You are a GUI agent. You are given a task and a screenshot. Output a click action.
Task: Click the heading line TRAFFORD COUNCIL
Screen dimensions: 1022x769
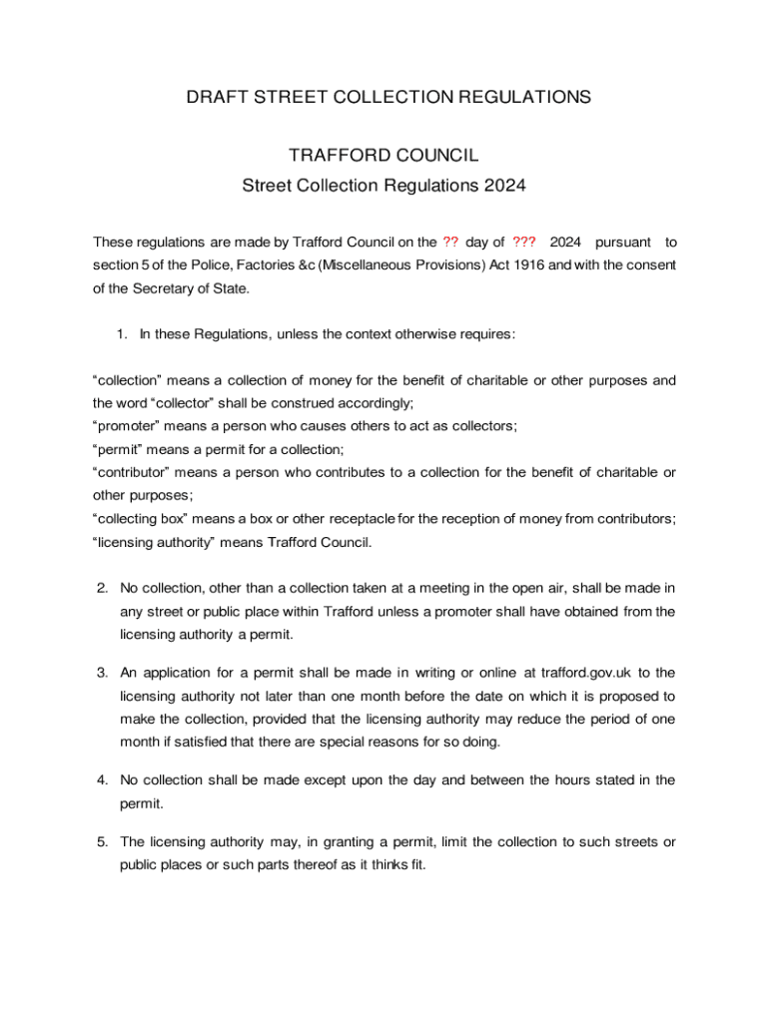pos(384,156)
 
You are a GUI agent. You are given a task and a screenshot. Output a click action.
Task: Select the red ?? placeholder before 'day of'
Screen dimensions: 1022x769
pos(450,243)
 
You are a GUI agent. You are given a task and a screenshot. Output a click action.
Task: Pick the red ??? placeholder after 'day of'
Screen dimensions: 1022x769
pos(523,243)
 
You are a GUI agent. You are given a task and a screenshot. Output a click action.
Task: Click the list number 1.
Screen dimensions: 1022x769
pos(122,334)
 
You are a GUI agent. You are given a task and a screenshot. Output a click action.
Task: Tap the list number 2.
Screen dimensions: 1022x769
pos(102,588)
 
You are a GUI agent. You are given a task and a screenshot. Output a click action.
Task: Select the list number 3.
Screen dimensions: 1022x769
pos(102,673)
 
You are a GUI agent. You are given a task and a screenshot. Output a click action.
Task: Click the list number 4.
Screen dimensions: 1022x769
pos(102,779)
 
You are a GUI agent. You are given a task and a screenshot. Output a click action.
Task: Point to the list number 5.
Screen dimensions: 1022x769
pos(102,842)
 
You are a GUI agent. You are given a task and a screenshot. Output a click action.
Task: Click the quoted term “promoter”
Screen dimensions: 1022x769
pos(128,426)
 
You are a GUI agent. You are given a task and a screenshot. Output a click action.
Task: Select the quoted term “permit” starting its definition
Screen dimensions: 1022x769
pos(119,450)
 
